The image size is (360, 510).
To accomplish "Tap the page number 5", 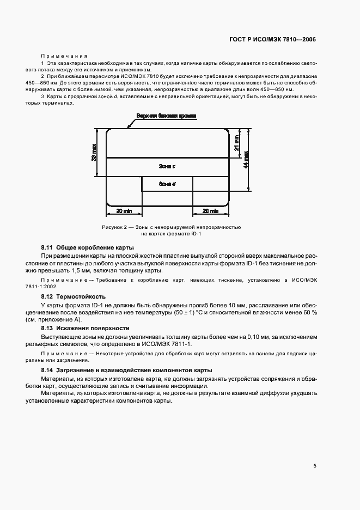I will point(315,466).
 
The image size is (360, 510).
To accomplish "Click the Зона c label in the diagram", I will point(166,166).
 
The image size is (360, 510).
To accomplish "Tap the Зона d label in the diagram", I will point(167,184).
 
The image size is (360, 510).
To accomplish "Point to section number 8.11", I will point(47,247).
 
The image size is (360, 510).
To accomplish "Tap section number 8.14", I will point(47,371).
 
